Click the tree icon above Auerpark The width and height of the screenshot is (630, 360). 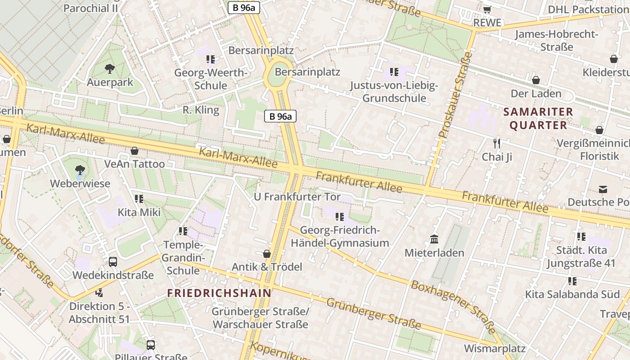(109, 69)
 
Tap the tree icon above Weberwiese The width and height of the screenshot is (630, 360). (80, 170)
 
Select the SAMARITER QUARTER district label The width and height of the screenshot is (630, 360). (538, 118)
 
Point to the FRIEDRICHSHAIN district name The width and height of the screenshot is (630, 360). (219, 293)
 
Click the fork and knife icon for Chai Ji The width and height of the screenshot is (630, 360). (497, 144)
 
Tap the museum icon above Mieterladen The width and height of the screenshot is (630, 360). (434, 239)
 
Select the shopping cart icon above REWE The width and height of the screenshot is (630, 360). (487, 9)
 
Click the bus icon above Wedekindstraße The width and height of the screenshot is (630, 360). (112, 261)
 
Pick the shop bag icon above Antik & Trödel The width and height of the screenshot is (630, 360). (266, 254)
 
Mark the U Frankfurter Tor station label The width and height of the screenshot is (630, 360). (297, 197)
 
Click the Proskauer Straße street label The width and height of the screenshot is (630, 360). (455, 95)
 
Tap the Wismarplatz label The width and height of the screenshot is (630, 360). (495, 348)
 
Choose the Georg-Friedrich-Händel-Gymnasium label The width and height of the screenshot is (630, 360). (340, 237)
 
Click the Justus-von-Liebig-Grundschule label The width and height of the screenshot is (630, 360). (394, 92)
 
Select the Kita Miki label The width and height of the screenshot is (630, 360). (139, 212)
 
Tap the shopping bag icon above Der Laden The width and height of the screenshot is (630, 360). (535, 80)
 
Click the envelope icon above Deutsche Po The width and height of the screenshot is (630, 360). (603, 189)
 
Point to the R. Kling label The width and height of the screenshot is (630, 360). (201, 110)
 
